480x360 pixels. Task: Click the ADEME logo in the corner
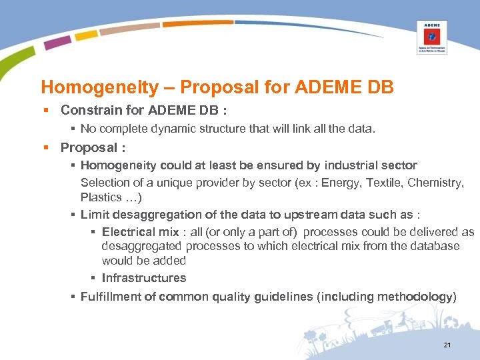click(432, 36)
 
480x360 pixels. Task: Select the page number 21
click(447, 345)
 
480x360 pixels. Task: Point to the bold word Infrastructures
click(144, 278)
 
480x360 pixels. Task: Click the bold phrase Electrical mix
click(140, 232)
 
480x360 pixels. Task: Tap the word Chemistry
click(436, 183)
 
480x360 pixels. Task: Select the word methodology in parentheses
click(417, 297)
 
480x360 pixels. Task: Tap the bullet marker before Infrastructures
click(94, 278)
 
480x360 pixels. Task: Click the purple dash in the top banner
click(57, 42)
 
